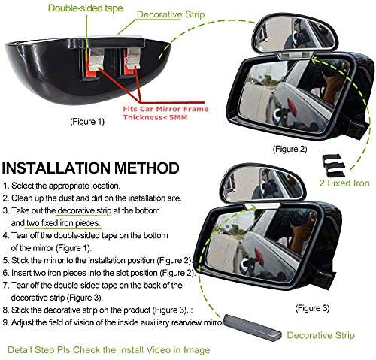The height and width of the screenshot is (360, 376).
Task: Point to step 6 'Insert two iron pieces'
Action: coord(97,272)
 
